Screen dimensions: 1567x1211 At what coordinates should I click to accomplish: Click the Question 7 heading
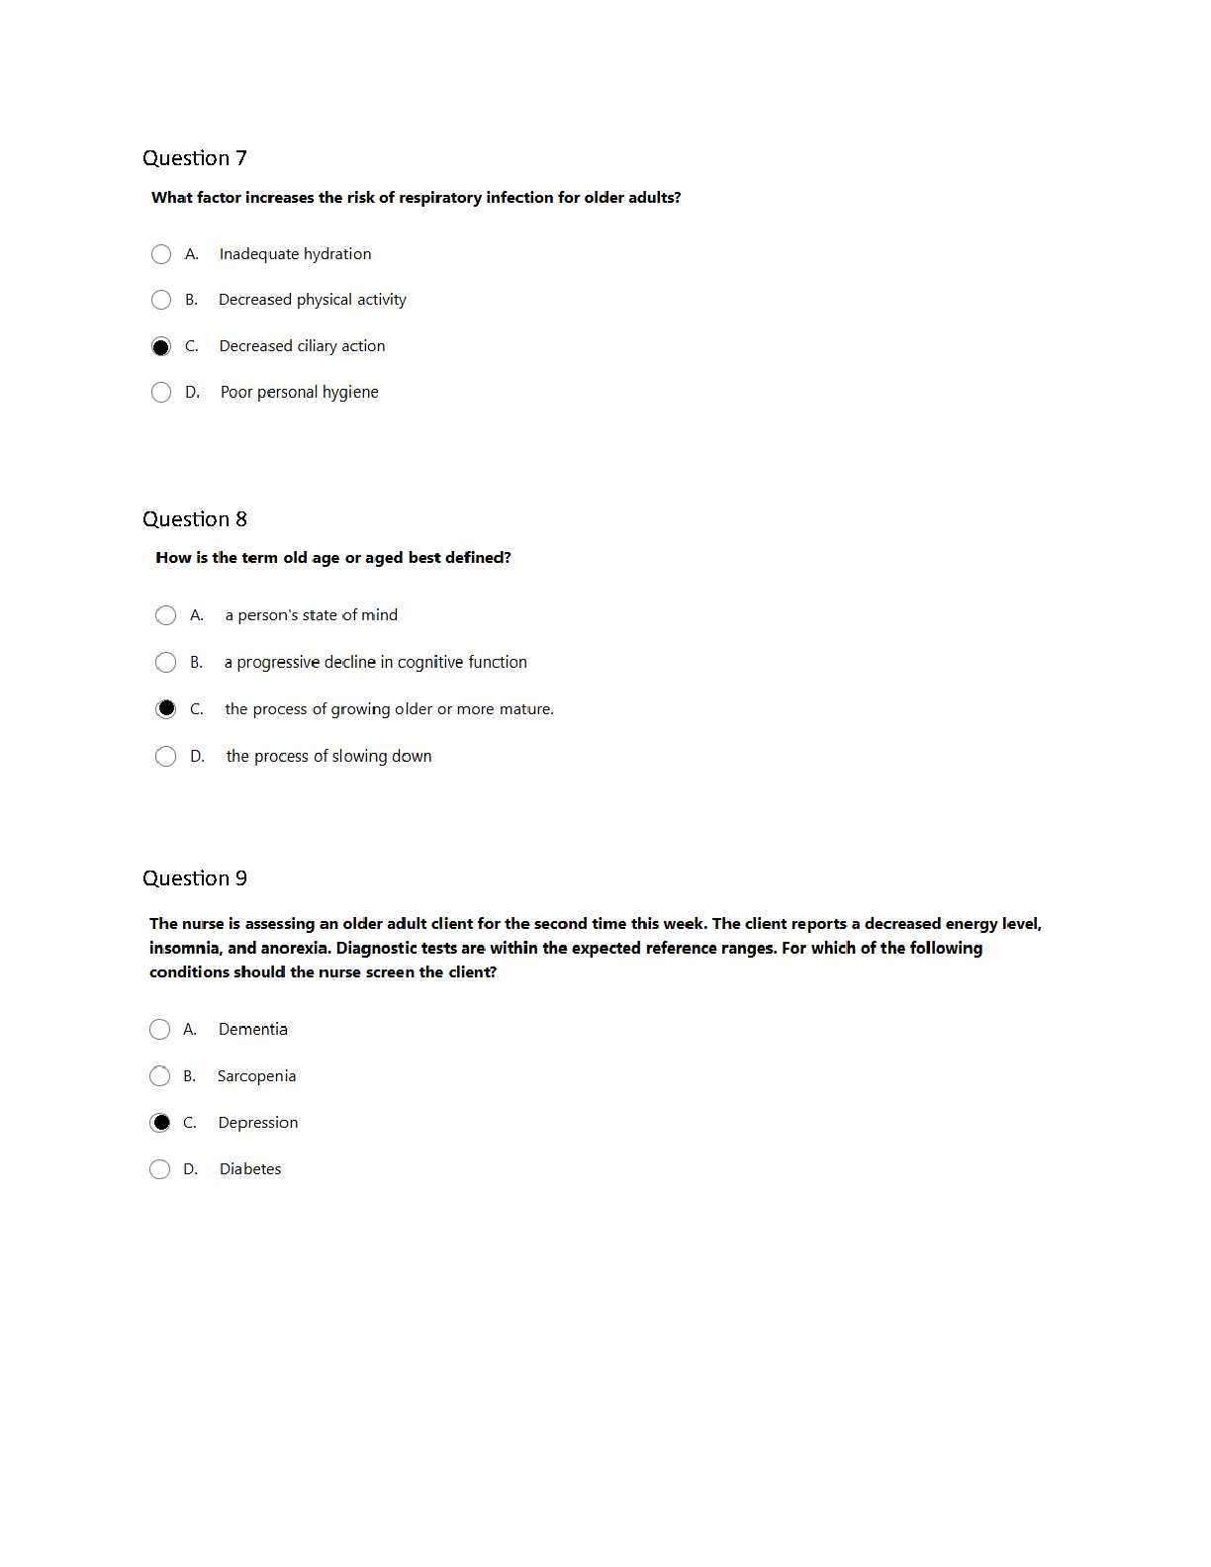(x=194, y=158)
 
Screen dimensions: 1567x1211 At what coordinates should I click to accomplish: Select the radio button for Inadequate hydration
(x=161, y=254)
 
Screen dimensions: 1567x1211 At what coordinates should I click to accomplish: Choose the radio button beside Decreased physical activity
(x=161, y=300)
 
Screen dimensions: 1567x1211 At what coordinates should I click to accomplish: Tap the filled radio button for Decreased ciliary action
(x=161, y=346)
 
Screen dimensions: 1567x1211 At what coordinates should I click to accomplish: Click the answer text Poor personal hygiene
(x=299, y=392)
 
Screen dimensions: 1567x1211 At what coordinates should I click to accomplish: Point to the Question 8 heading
(x=194, y=519)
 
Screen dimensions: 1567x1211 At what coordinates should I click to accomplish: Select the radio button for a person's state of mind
(x=165, y=615)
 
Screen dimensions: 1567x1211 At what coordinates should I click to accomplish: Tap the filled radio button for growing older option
(x=165, y=708)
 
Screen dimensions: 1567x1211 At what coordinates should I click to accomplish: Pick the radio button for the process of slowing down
(x=165, y=756)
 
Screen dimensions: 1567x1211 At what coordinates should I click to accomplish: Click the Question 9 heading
(x=194, y=878)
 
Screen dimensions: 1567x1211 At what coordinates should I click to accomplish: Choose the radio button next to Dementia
(x=159, y=1030)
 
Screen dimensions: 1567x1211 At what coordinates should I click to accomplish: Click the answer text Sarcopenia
(x=256, y=1076)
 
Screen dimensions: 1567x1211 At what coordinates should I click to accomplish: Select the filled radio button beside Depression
(x=159, y=1123)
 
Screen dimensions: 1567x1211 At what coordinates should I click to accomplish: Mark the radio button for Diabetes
(x=159, y=1169)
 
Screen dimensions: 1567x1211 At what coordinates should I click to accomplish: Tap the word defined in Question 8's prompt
(x=478, y=558)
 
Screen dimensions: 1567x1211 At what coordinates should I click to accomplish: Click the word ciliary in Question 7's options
(x=317, y=346)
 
